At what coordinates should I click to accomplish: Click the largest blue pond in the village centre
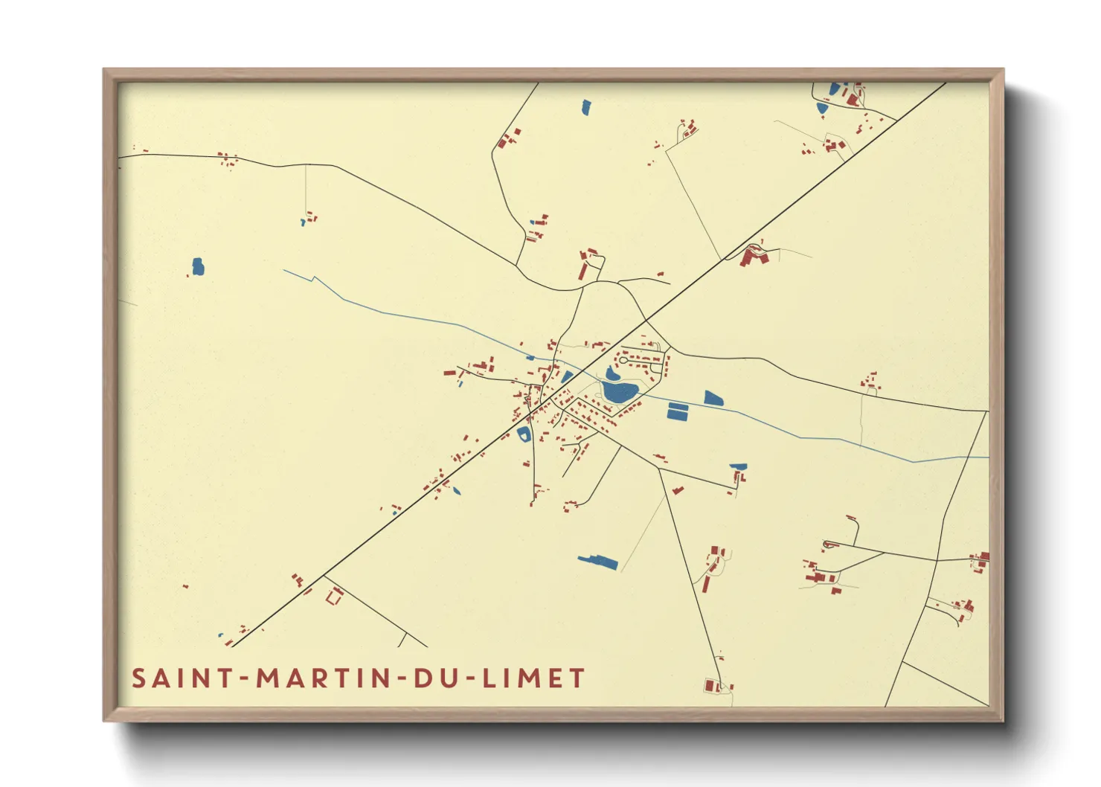pyautogui.click(x=621, y=392)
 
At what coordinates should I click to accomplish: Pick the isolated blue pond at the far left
pyautogui.click(x=198, y=266)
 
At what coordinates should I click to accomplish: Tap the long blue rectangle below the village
pyautogui.click(x=598, y=562)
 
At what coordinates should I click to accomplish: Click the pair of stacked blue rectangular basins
pyautogui.click(x=678, y=411)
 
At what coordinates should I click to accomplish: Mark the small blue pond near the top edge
pyautogui.click(x=585, y=107)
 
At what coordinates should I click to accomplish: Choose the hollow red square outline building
pyautogui.click(x=334, y=595)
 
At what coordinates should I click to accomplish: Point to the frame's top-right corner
pyautogui.click(x=1004, y=69)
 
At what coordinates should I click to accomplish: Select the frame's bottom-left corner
pyautogui.click(x=104, y=720)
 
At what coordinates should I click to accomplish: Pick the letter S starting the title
pyautogui.click(x=139, y=678)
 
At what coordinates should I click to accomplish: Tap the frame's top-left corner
pyautogui.click(x=104, y=69)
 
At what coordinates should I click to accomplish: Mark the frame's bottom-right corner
pyautogui.click(x=1004, y=720)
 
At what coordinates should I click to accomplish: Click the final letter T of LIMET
pyautogui.click(x=577, y=678)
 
